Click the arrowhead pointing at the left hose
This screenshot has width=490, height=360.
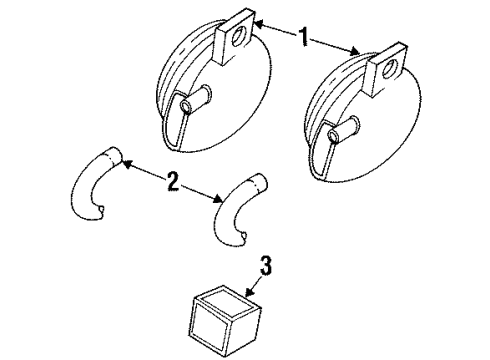tap(126, 161)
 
